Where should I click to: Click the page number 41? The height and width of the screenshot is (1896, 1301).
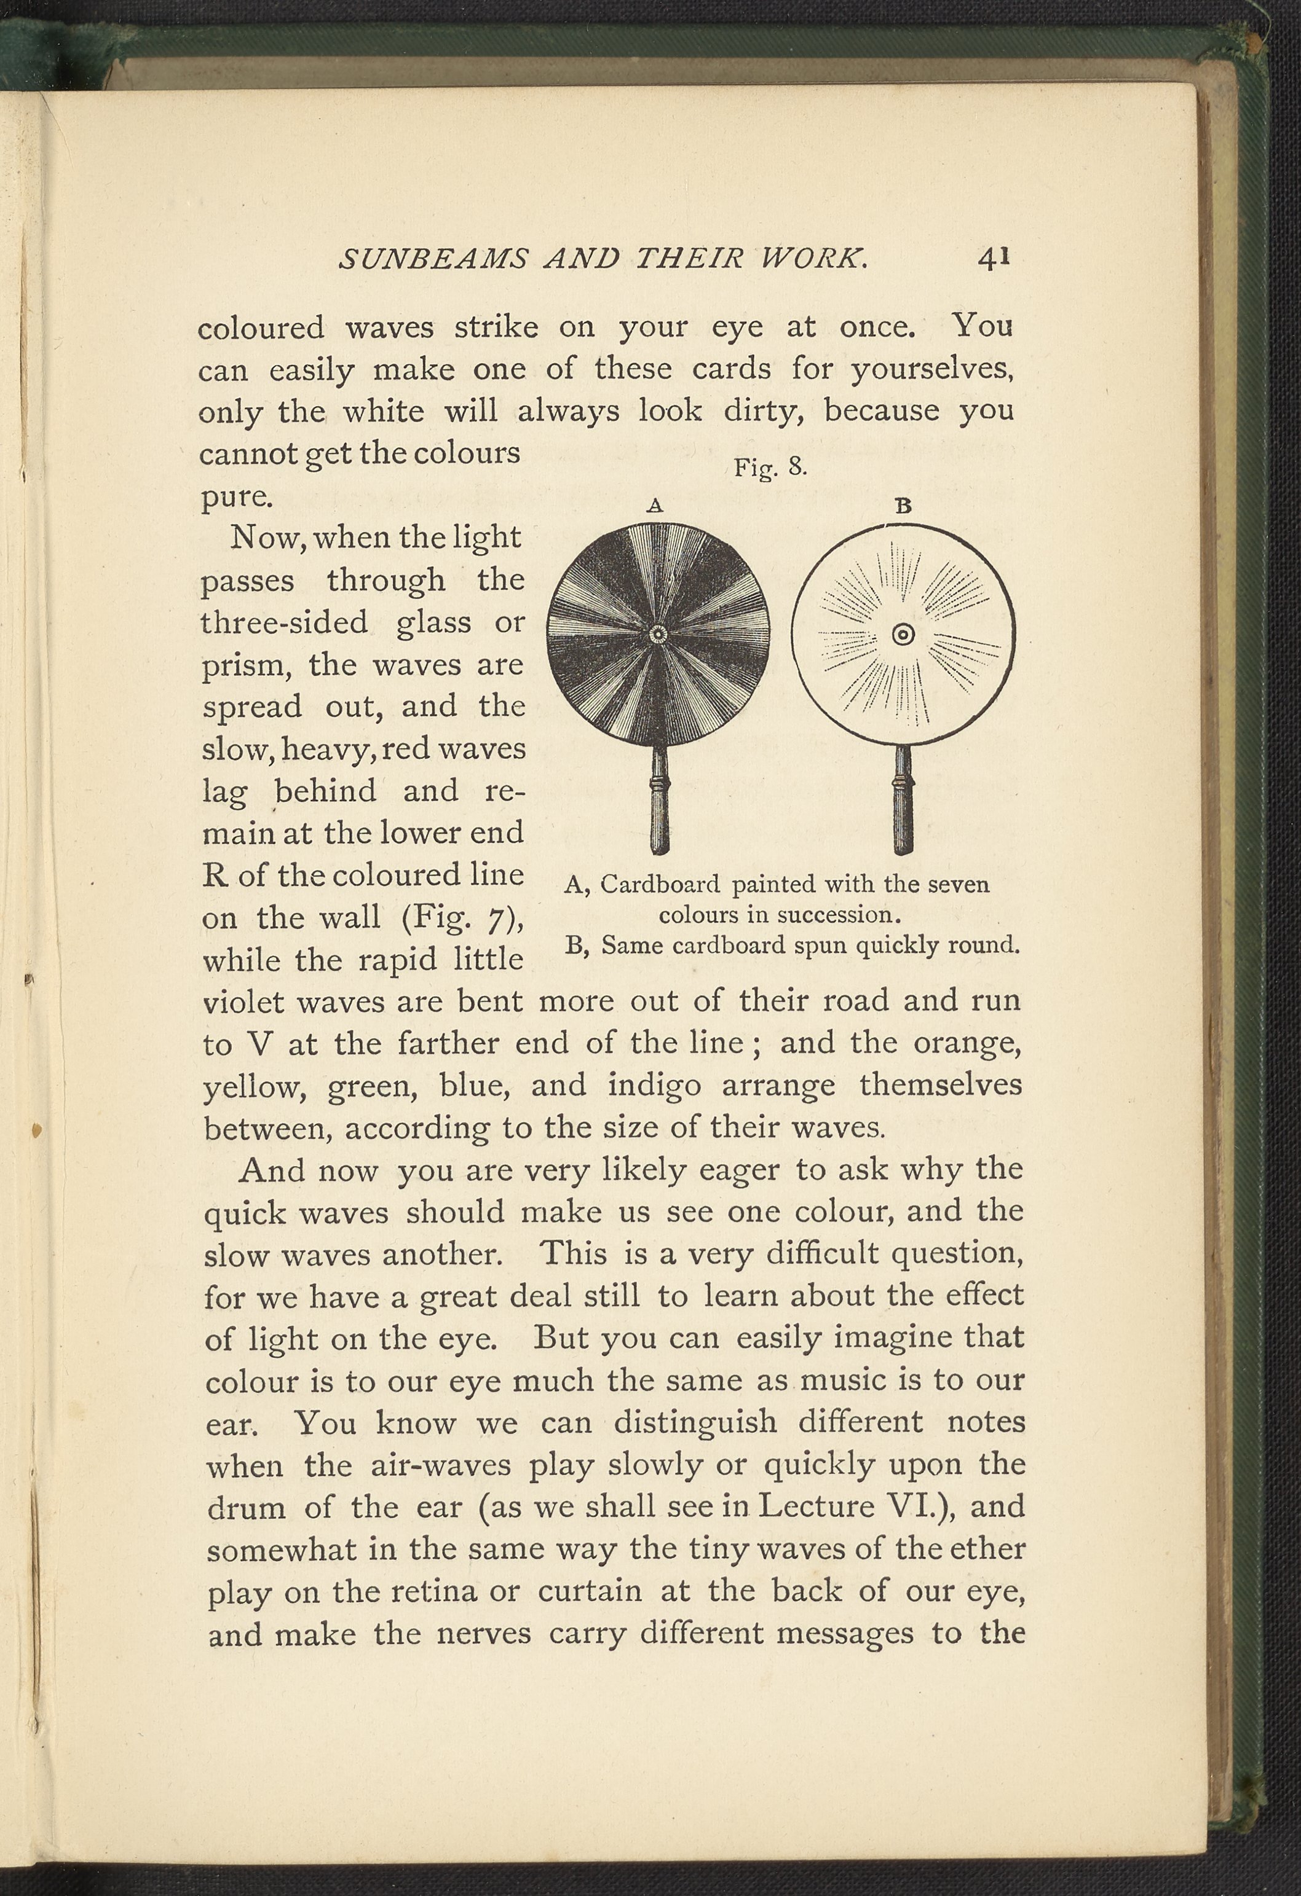(x=994, y=258)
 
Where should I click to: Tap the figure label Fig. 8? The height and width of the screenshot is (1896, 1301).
(x=770, y=468)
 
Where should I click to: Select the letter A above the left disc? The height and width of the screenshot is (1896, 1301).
(x=655, y=506)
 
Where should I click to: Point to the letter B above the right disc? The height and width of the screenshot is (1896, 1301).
(x=903, y=506)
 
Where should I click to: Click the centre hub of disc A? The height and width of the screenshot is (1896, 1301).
(x=658, y=635)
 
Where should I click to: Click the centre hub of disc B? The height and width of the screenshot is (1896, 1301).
(x=903, y=635)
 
